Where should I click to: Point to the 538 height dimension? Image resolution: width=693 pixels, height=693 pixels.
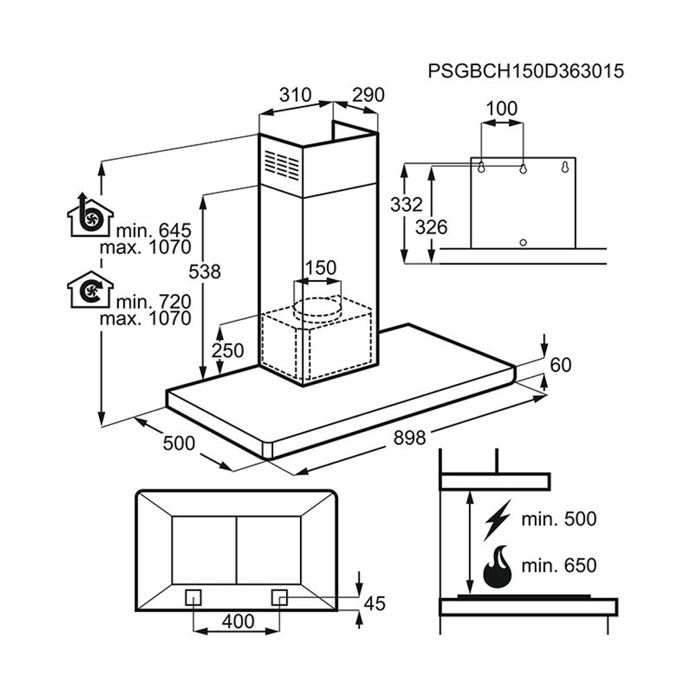point(205,272)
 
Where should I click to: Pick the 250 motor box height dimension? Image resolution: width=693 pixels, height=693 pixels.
point(228,351)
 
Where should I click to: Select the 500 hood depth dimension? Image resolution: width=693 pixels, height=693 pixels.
point(179,443)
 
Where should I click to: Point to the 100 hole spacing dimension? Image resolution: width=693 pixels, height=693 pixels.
point(502,109)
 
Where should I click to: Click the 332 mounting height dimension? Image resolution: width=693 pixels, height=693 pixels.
point(405,204)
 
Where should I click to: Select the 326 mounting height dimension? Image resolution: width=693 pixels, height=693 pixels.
point(431,227)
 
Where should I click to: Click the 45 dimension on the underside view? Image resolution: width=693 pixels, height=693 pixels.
point(374,603)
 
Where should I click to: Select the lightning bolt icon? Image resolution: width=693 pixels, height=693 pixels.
point(497,519)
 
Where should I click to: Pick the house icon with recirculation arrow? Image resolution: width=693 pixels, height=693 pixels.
point(90,290)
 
